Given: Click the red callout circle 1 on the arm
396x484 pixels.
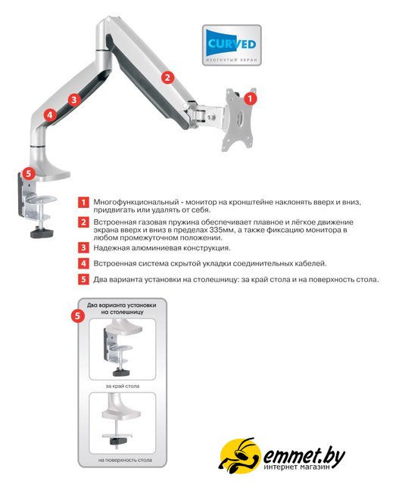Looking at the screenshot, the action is tap(250, 99).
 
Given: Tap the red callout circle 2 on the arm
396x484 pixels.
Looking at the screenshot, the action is tap(167, 77).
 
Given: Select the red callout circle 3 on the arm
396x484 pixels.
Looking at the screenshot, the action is tap(74, 100).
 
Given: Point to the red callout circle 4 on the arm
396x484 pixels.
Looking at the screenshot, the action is tap(50, 116).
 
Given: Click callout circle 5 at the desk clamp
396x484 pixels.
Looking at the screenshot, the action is tap(29, 173).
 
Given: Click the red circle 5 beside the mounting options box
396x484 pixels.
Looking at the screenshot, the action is tap(77, 316).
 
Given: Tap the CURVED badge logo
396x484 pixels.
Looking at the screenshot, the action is tap(232, 45).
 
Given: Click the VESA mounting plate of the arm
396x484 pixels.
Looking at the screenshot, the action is tap(240, 119).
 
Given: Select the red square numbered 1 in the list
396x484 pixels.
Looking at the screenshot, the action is tap(83, 203).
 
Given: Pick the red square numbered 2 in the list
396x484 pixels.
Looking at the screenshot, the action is tap(83, 222).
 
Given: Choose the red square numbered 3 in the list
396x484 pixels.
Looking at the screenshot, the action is tap(83, 247).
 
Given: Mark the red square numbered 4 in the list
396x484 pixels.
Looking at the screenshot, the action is tap(83, 264).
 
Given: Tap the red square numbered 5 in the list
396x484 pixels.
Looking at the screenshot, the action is tap(83, 279).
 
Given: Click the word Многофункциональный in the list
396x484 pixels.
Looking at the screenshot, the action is tap(136, 203).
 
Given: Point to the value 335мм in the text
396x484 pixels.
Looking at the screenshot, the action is tap(221, 230).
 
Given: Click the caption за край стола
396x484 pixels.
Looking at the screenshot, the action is tap(123, 386).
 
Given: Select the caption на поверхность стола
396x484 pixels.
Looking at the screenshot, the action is tap(125, 461).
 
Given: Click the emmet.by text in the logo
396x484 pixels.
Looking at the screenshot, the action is tap(304, 455).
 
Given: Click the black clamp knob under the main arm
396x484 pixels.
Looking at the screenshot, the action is tap(42, 233).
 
